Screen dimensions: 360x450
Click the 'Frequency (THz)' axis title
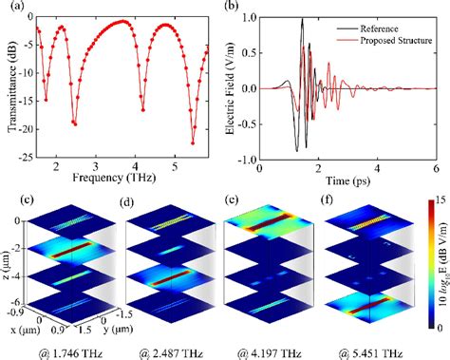pos(120,177)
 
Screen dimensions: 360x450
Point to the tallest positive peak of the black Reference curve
pos(302,19)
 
